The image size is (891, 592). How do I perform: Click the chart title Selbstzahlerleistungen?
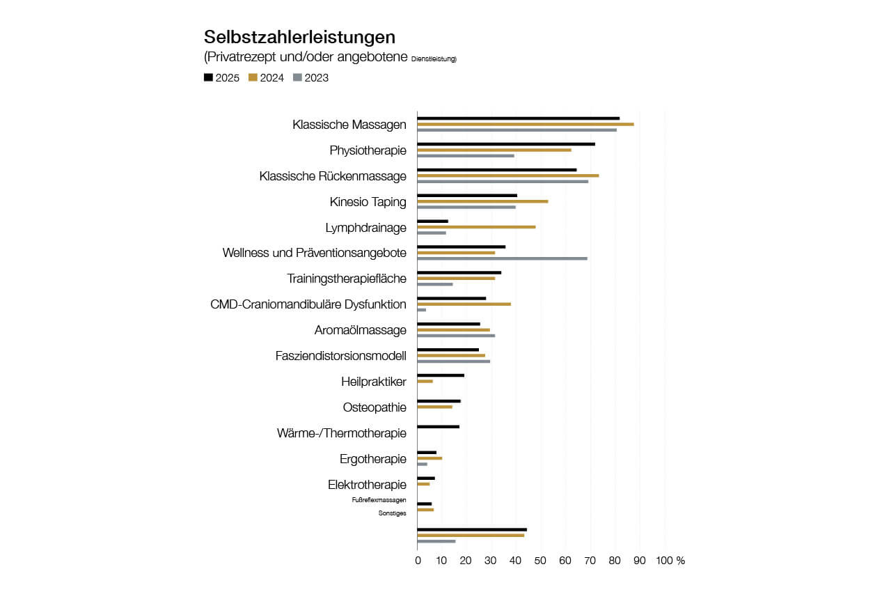[x=299, y=37]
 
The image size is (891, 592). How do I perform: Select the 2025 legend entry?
[x=221, y=78]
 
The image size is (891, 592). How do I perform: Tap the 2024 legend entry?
[x=266, y=78]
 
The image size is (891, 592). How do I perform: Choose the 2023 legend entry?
[x=310, y=78]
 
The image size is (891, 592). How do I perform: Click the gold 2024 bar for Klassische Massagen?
[x=525, y=124]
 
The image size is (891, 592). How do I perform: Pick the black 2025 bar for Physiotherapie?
[x=505, y=144]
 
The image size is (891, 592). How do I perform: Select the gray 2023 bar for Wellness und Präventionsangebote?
[x=502, y=258]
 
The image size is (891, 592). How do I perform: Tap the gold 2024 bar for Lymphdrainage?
[x=476, y=227]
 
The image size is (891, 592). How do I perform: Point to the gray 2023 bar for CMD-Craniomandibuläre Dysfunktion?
[x=421, y=310]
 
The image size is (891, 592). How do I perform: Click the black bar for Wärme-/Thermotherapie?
[x=438, y=427]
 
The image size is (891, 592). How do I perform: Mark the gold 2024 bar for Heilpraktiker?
[x=425, y=381]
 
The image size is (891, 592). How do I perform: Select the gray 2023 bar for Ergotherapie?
[x=422, y=464]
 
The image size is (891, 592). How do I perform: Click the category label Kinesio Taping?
[x=368, y=202]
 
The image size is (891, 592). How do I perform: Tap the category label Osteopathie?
[x=374, y=407]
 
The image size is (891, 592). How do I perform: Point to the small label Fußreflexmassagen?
[x=379, y=500]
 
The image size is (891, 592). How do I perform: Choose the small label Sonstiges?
[x=392, y=513]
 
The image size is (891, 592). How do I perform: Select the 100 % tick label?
[x=671, y=561]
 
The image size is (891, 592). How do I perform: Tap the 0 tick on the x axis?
[x=418, y=561]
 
